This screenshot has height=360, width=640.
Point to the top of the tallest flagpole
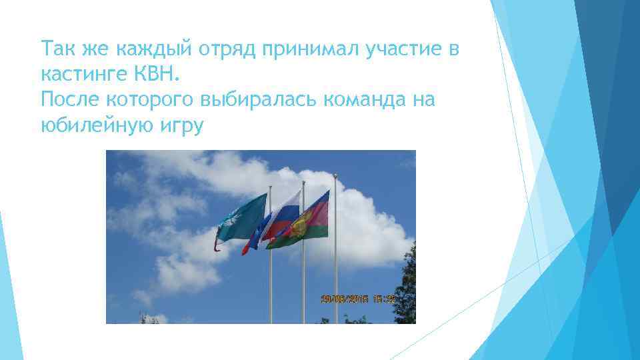(x=335, y=176)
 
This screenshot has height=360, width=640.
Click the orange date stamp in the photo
(x=358, y=299)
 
